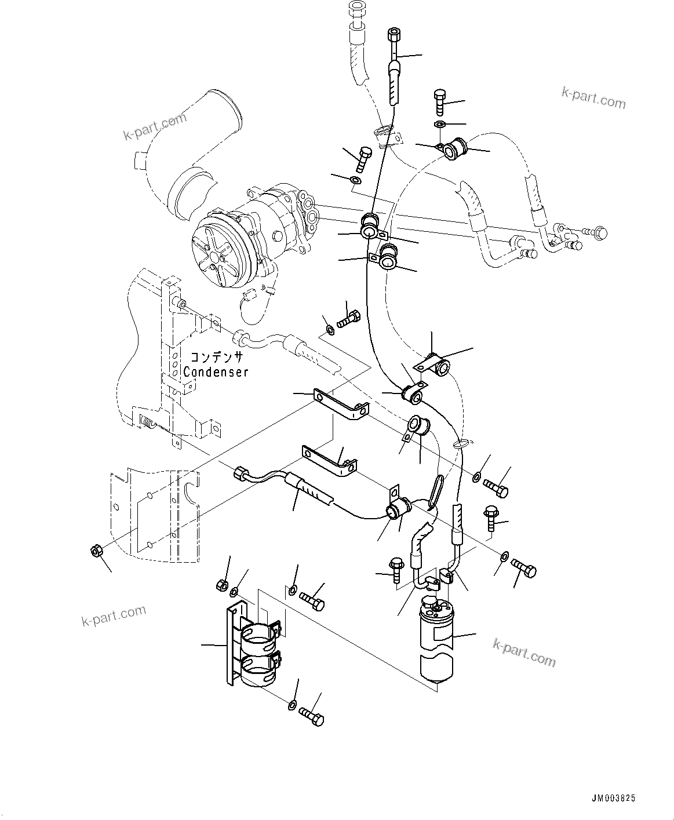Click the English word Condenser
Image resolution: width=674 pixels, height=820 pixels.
coord(216,371)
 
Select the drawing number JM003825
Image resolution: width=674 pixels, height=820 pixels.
coord(613,798)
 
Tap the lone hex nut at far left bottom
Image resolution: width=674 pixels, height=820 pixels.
coord(96,551)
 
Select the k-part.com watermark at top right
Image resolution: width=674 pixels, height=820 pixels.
coord(593,99)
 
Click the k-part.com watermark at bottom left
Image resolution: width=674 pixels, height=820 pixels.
coord(114,616)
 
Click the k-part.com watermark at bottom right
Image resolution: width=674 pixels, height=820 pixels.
coord(524,653)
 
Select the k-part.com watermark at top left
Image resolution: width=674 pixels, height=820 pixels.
coord(155,126)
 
